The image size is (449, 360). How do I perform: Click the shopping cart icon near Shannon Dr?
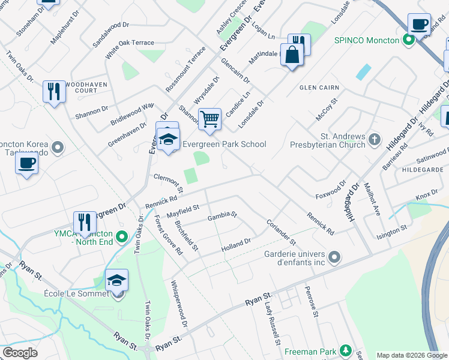tap(209, 119)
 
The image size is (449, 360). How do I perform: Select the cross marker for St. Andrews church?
tap(375, 140)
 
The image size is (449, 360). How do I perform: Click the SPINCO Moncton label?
tap(367, 40)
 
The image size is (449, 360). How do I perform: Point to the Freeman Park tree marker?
tap(345, 350)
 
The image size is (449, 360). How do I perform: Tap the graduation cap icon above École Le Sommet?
tap(116, 280)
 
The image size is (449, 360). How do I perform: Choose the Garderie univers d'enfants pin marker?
tap(335, 258)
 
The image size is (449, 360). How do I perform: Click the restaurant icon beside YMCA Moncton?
tap(85, 222)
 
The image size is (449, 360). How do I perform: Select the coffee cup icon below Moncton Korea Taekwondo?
tap(26, 163)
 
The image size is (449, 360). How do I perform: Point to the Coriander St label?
tap(281, 231)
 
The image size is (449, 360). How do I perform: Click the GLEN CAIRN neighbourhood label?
tap(320, 88)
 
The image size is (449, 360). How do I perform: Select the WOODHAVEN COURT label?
tap(86, 88)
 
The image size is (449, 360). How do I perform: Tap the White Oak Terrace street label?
tap(130, 43)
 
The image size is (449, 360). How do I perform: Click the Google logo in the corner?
tap(20, 353)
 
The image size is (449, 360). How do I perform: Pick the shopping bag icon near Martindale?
tap(292, 55)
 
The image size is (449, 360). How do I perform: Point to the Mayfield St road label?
tap(182, 211)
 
